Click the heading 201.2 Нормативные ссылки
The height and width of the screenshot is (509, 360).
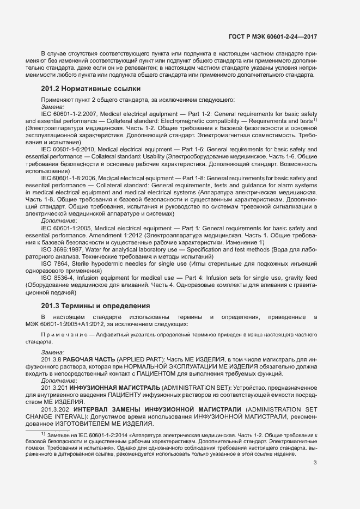pos(90,88)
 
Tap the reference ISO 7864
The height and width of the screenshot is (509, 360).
pos(53,263)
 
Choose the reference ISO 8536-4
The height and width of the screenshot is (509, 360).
pos(56,278)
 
